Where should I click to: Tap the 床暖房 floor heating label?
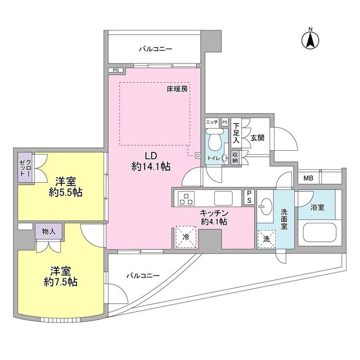pyautogui.click(x=177, y=89)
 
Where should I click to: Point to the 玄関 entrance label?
pyautogui.click(x=258, y=137)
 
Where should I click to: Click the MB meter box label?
pyautogui.click(x=308, y=179)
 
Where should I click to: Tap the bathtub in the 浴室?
pyautogui.click(x=318, y=232)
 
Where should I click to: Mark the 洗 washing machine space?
pyautogui.click(x=265, y=238)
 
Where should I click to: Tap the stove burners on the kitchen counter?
pyautogui.click(x=186, y=198)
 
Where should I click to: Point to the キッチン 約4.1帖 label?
pyautogui.click(x=214, y=217)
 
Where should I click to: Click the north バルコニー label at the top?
pyautogui.click(x=156, y=49)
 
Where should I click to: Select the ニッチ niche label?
pyautogui.click(x=211, y=122)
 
